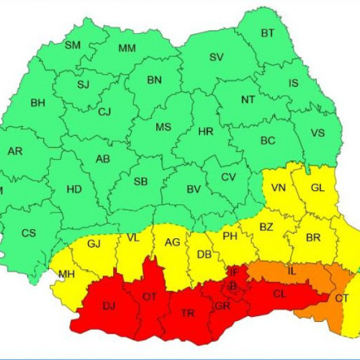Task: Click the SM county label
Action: coord(73,45)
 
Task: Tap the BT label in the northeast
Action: coord(268,33)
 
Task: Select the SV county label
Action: coord(216,57)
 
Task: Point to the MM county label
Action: coord(127,49)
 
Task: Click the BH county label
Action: coord(37,104)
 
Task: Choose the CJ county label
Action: coord(104,112)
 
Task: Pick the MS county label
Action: coord(163,127)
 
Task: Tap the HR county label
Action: coord(206,132)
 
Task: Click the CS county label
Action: coord(29,233)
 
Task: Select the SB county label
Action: coord(141,181)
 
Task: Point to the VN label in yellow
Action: coord(278,189)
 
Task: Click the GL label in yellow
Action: coord(318,189)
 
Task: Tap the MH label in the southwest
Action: coord(66,275)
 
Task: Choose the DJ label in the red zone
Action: coord(109,307)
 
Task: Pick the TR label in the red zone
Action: coord(187,313)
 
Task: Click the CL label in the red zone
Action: coord(279,293)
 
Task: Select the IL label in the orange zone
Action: coord(291,271)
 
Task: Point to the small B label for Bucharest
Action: coord(233,286)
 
